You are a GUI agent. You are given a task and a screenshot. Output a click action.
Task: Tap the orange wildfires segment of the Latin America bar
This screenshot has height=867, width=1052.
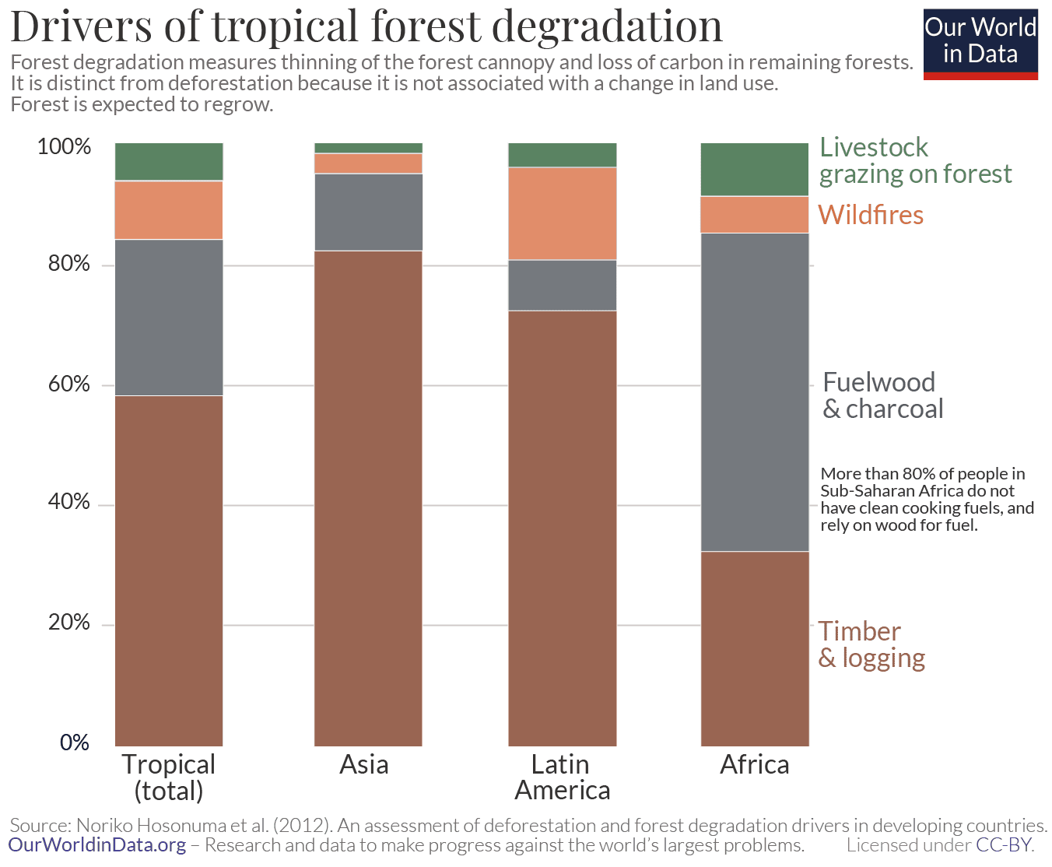[562, 213]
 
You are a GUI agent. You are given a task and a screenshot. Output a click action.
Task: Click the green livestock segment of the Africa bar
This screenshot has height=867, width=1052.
[755, 169]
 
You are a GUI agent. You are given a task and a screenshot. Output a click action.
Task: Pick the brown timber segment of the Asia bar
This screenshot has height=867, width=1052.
[368, 498]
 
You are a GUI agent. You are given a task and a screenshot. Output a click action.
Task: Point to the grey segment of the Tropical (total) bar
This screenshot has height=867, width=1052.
[169, 317]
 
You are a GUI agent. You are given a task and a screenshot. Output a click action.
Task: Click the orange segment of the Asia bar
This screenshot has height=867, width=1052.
[368, 163]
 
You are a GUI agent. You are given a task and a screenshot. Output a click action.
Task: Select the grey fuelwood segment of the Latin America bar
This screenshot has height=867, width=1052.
[562, 285]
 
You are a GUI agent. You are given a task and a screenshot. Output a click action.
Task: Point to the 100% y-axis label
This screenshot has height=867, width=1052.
[64, 146]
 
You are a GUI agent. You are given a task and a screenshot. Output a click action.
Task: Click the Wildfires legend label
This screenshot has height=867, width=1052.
[870, 215]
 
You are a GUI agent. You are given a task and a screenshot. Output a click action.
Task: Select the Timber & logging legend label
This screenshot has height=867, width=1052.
[871, 644]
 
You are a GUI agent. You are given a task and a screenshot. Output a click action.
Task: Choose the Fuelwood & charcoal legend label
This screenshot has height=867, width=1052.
[882, 395]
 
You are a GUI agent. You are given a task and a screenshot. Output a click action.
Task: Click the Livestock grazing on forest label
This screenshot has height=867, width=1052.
[915, 160]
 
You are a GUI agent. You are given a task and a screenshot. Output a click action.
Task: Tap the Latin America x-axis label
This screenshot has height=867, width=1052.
[562, 777]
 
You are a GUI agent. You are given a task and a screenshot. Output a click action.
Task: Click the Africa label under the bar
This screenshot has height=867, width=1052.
[754, 764]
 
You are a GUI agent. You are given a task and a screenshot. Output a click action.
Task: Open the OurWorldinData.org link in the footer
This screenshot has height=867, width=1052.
[97, 845]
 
